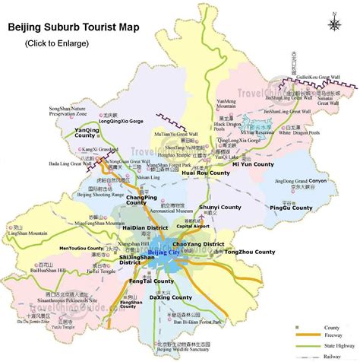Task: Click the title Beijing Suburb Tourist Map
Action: [74, 27]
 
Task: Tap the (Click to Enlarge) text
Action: [57, 43]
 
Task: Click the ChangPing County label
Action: [137, 200]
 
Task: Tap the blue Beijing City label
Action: [171, 251]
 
